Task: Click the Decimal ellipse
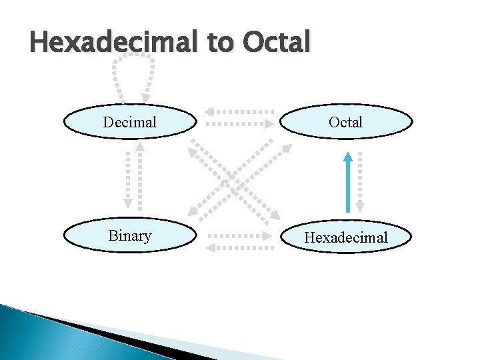point(130,122)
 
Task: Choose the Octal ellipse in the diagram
point(346,122)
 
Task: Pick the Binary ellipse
point(130,236)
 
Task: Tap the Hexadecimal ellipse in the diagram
point(346,237)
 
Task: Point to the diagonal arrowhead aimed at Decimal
point(193,153)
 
